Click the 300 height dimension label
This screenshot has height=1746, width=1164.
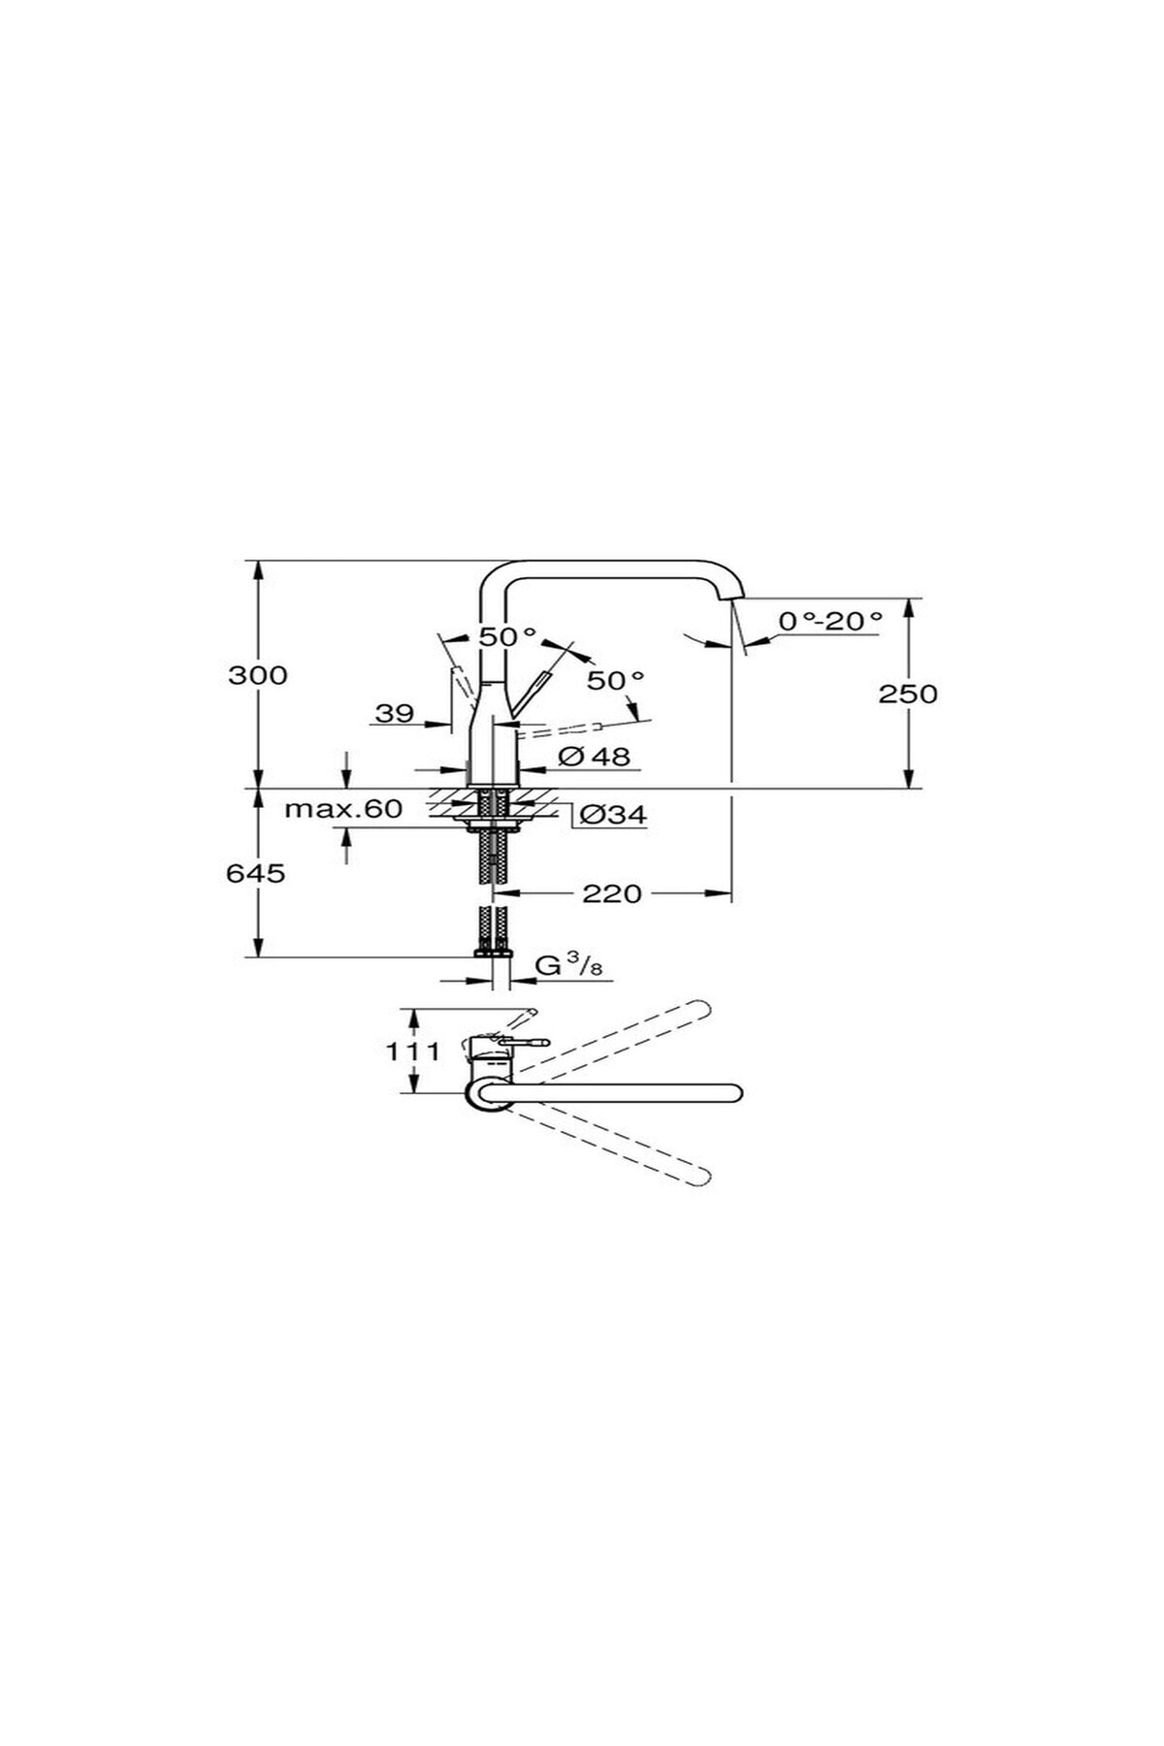tap(258, 675)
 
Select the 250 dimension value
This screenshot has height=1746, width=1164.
tap(908, 694)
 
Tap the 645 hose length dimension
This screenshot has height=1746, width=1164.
tap(256, 873)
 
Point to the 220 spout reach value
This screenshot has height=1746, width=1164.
tap(612, 893)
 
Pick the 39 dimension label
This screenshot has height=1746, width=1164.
tap(395, 714)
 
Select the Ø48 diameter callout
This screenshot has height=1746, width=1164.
tap(595, 756)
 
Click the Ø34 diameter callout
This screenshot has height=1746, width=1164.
tap(613, 816)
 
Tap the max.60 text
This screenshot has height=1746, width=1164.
tap(343, 808)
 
